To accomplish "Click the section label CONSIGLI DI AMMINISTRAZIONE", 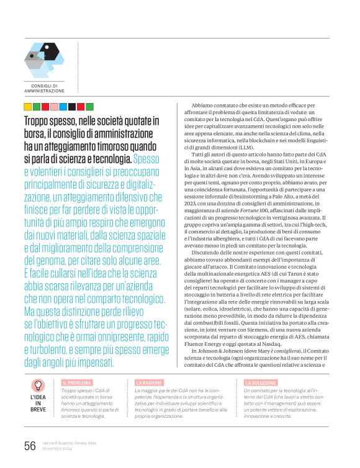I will (44, 88).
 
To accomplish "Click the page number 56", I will (29, 445).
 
